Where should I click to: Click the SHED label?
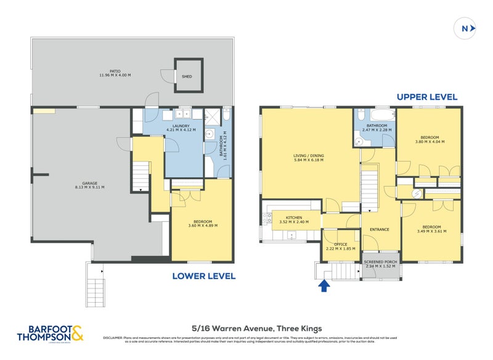pyautogui.click(x=186, y=77)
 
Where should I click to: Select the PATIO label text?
pyautogui.click(x=115, y=73)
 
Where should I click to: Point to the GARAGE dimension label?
pyautogui.click(x=89, y=187)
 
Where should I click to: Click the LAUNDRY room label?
pyautogui.click(x=181, y=127)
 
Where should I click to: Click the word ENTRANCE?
pyautogui.click(x=379, y=229)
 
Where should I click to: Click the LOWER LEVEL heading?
pyautogui.click(x=204, y=276)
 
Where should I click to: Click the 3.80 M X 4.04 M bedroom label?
pyautogui.click(x=430, y=139)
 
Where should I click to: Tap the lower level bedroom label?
pyautogui.click(x=202, y=223)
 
